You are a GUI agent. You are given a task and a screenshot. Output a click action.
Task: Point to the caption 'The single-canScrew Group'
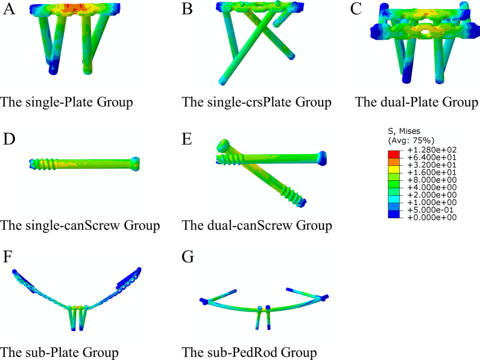(80, 226)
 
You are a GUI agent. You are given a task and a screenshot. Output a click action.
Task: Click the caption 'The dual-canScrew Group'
(256, 226)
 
